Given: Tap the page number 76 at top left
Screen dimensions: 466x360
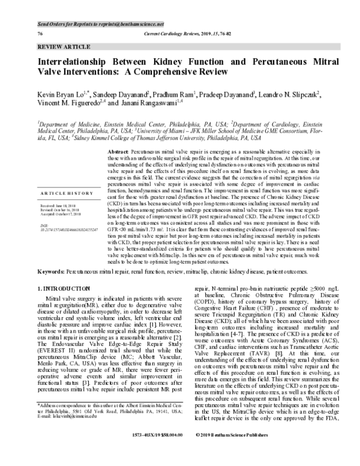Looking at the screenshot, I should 40,34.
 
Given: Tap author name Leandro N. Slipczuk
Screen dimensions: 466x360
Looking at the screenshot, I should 290,94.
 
